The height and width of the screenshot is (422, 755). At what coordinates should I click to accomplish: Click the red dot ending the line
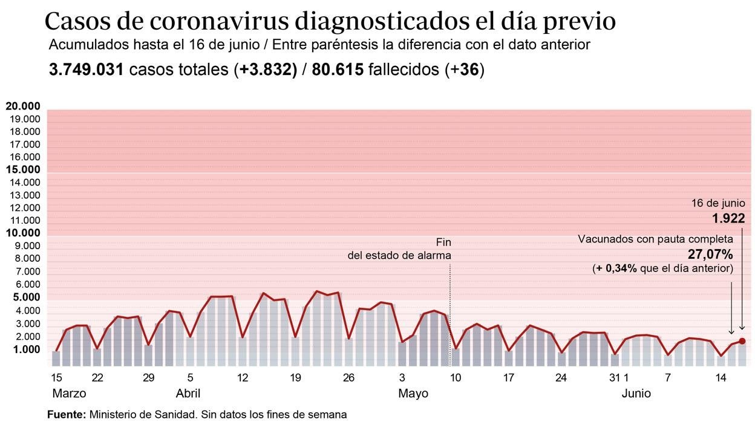[x=742, y=341]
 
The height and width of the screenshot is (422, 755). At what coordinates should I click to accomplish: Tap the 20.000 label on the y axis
[x=23, y=106]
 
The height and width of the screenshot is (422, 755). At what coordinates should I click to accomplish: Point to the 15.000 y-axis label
[x=23, y=170]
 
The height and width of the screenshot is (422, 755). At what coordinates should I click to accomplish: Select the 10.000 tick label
[x=23, y=233]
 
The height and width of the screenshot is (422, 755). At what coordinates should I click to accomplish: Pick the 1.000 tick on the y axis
[x=25, y=349]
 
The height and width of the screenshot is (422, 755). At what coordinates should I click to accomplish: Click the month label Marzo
[x=69, y=394]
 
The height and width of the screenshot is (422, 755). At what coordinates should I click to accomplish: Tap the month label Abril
[x=188, y=394]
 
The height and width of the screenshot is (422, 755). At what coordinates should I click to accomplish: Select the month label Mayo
[x=413, y=394]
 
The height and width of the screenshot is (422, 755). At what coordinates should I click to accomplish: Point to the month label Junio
[x=636, y=394]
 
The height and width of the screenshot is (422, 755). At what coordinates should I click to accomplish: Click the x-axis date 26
[x=348, y=378]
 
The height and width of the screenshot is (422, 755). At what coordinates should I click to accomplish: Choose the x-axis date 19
[x=295, y=378]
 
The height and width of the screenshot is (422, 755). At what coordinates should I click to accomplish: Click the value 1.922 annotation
[x=728, y=219]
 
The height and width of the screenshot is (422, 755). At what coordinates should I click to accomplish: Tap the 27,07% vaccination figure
[x=710, y=254]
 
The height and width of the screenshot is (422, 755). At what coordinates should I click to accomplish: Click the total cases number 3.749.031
[x=87, y=70]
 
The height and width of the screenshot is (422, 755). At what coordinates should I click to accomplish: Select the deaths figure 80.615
[x=338, y=70]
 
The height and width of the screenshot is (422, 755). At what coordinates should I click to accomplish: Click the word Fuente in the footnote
[x=67, y=415]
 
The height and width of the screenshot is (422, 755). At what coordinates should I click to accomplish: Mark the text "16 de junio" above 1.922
[x=718, y=204]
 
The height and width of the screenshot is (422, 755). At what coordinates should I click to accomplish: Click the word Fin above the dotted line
[x=443, y=242]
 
